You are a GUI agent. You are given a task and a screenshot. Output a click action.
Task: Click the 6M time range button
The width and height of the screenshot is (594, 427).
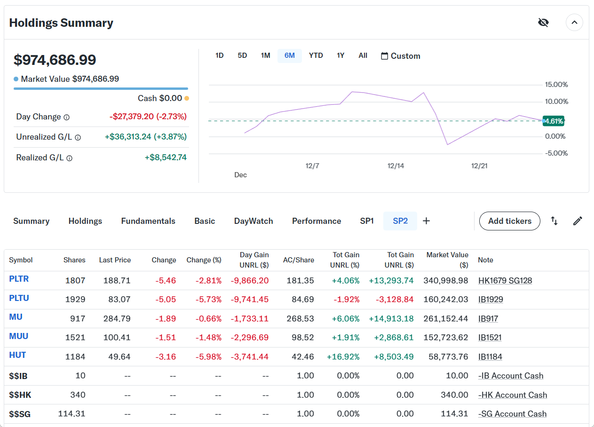[289, 55]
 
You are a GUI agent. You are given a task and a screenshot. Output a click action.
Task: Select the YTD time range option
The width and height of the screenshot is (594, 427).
[316, 55]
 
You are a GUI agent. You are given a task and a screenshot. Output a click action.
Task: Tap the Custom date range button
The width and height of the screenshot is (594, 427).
[400, 56]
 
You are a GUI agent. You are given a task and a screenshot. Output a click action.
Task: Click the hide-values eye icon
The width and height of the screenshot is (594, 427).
[543, 23]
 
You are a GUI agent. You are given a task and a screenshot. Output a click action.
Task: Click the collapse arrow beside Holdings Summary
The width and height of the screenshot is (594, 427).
[574, 23]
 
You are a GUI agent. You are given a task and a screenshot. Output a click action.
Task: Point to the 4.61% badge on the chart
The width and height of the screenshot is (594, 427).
[554, 121]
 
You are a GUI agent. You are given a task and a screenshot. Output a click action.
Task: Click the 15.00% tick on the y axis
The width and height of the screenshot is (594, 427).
[556, 85]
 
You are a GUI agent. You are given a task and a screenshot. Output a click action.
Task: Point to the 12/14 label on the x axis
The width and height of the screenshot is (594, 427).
[396, 166]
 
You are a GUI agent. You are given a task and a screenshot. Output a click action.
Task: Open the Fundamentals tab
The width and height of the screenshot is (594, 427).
[148, 221]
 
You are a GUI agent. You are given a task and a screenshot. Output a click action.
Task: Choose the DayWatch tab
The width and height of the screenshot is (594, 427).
[253, 221]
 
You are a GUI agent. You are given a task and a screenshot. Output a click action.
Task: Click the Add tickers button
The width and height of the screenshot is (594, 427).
[509, 221]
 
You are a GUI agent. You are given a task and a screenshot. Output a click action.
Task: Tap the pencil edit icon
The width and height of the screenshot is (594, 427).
[578, 221]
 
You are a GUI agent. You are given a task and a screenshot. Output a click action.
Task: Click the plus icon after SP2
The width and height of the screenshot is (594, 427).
[426, 221]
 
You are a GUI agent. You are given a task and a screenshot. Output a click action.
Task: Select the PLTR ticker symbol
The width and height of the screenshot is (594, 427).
[19, 279]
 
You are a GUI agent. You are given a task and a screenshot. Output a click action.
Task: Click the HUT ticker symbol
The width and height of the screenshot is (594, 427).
[17, 356]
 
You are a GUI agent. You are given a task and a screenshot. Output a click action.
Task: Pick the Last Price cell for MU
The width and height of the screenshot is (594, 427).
[117, 319]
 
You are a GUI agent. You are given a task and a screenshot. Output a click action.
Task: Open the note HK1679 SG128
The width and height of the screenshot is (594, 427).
[505, 281]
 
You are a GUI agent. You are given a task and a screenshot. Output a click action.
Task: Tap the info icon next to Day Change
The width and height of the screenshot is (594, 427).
[67, 117]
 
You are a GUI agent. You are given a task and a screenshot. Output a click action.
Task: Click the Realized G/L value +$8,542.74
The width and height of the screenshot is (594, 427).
[166, 158]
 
